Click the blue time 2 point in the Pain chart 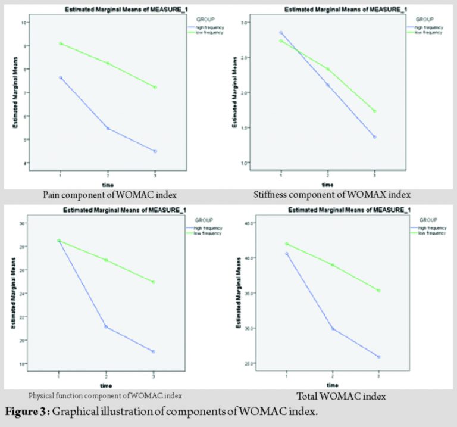pos(108,128)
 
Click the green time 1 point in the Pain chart pos(61,43)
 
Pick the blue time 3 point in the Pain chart pos(155,151)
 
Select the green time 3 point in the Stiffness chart pos(375,111)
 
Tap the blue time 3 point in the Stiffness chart pos(375,137)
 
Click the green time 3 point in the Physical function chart pos(154,282)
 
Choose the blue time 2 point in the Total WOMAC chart pos(332,328)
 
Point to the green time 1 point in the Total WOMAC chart pos(287,244)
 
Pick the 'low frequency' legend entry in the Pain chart pos(205,33)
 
